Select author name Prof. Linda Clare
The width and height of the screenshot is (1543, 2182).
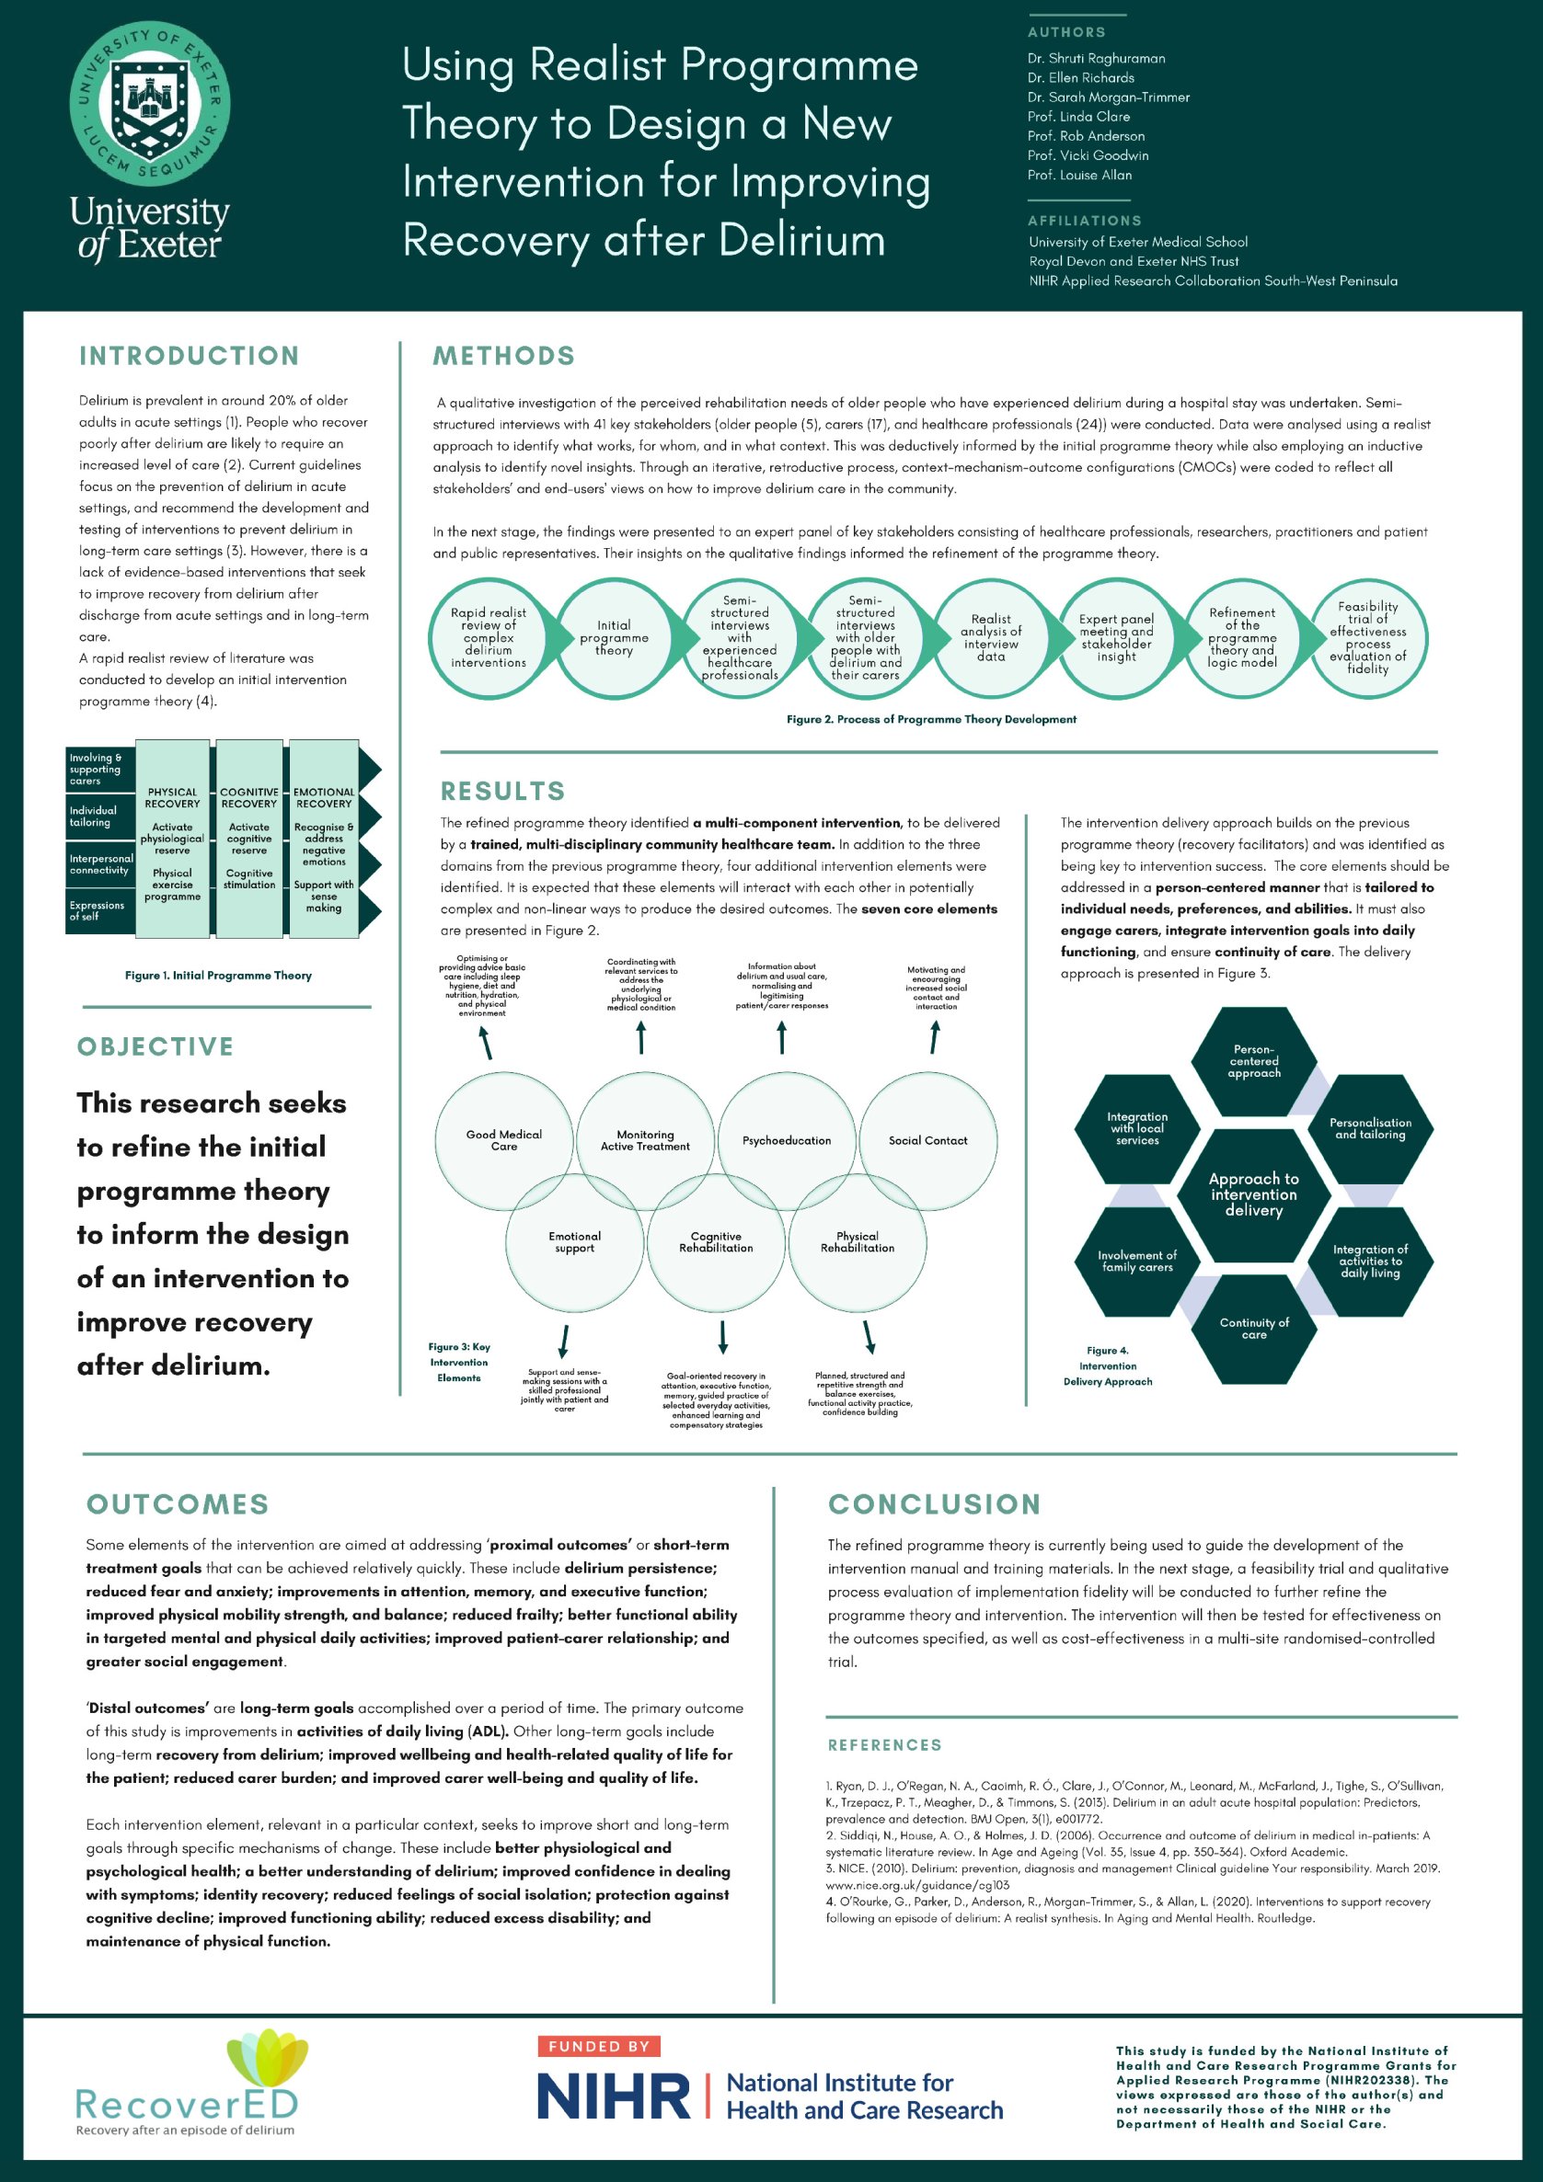[x=1078, y=117]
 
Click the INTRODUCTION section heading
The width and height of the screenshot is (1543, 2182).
[x=190, y=356]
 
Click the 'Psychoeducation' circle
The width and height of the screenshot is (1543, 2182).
[x=787, y=1140]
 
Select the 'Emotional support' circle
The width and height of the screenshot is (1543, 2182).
[x=574, y=1242]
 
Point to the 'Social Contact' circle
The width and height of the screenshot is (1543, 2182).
[x=927, y=1140]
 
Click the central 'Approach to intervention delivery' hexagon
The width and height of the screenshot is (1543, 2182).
[x=1253, y=1194]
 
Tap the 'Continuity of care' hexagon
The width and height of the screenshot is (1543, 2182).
[x=1253, y=1328]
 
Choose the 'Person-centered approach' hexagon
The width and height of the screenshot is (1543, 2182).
[x=1253, y=1061]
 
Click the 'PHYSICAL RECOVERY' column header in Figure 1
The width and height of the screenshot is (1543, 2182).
[x=172, y=797]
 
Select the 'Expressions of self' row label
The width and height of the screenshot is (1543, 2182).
[x=97, y=910]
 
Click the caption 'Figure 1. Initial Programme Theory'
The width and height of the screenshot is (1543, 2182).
[x=218, y=975]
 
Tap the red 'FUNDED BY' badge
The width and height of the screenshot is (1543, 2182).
[x=598, y=2046]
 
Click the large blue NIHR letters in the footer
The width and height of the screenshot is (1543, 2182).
[x=613, y=2096]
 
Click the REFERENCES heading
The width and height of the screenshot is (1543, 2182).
[x=884, y=1745]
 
